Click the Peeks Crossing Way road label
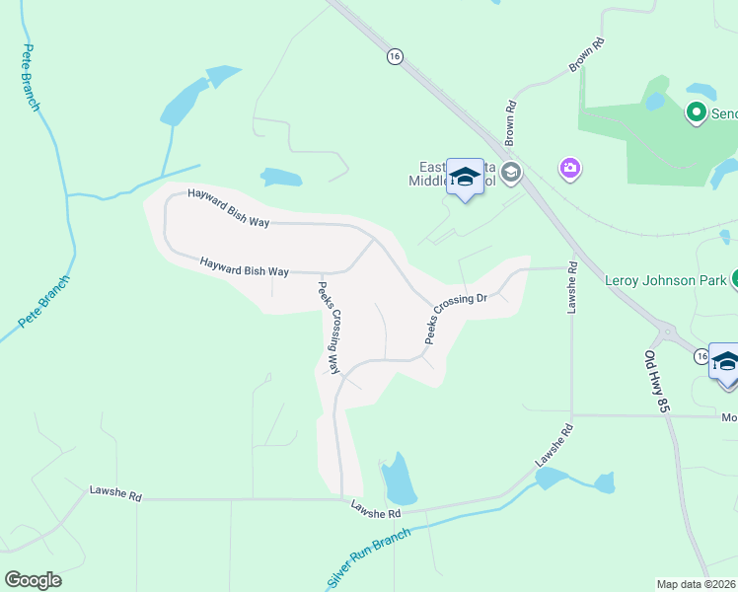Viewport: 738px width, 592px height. [x=329, y=328]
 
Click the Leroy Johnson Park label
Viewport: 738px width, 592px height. [x=664, y=280]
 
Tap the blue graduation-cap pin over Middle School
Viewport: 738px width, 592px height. [x=465, y=178]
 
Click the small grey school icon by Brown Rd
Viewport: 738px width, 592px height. [x=510, y=175]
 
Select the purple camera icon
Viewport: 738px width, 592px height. [x=569, y=169]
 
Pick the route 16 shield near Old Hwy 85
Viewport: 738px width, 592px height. [x=701, y=356]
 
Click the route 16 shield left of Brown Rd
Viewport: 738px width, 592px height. [x=395, y=57]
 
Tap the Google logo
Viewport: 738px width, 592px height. [x=33, y=579]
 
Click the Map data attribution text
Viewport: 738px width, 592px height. [x=697, y=584]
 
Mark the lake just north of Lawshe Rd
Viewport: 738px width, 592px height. [x=398, y=480]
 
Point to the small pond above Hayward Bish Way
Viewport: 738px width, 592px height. [x=280, y=178]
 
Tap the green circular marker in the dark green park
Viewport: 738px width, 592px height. [x=697, y=113]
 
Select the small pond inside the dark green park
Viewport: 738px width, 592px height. [x=655, y=101]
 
